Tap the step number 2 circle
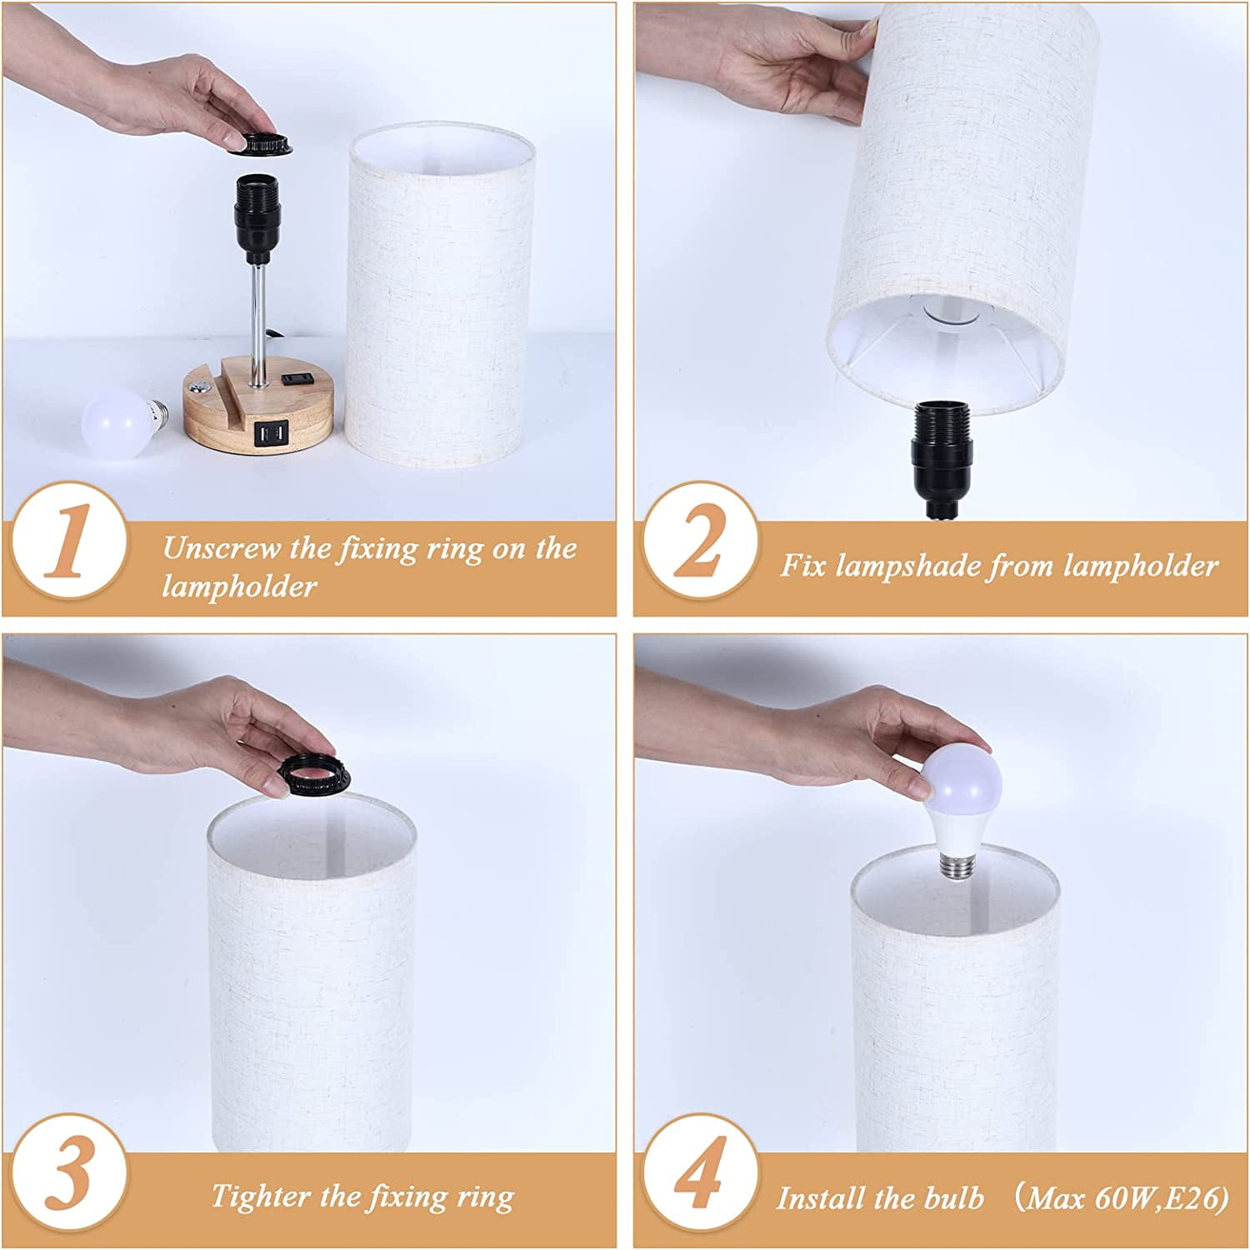pyautogui.click(x=701, y=551)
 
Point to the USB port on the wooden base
pyautogui.click(x=264, y=433)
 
